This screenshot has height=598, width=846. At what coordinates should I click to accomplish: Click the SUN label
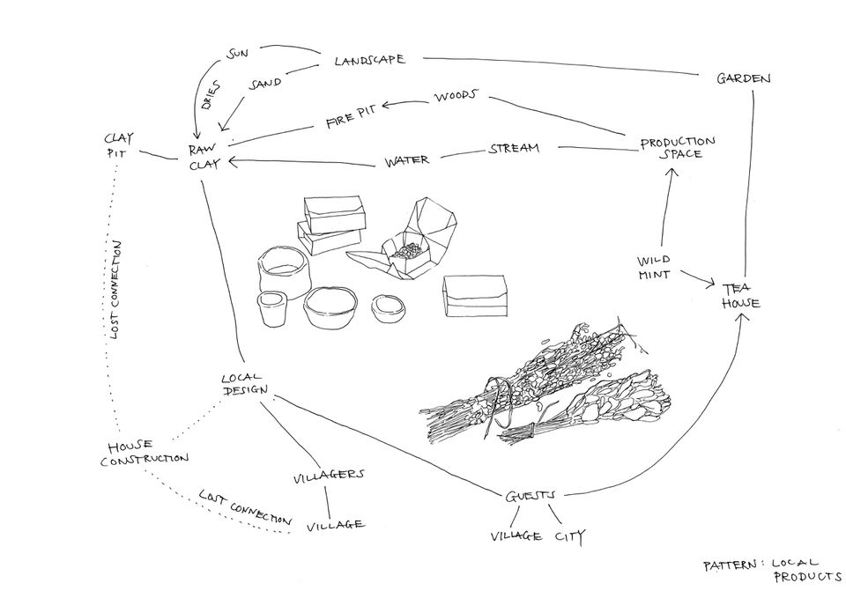pos(238,54)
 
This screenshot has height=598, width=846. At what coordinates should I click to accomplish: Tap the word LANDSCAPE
pos(369,61)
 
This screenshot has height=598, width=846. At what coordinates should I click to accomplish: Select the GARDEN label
pos(743,78)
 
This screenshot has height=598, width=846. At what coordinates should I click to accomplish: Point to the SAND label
pos(265,84)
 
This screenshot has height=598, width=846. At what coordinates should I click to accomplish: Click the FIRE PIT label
pos(352,120)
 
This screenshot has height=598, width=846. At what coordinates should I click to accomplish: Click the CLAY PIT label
pos(118,145)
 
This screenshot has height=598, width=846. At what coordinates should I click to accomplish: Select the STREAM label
pos(513,148)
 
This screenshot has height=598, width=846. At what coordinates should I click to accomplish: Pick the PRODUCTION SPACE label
pos(677,148)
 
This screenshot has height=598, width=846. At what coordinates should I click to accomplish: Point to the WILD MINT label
pos(655,267)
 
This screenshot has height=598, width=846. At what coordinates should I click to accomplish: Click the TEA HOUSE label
pos(740,295)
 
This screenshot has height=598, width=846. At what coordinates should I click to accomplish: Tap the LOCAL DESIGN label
pos(244,385)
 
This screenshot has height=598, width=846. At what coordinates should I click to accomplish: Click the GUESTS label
pos(531,496)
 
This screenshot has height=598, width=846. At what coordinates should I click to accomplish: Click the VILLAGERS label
pos(328,476)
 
